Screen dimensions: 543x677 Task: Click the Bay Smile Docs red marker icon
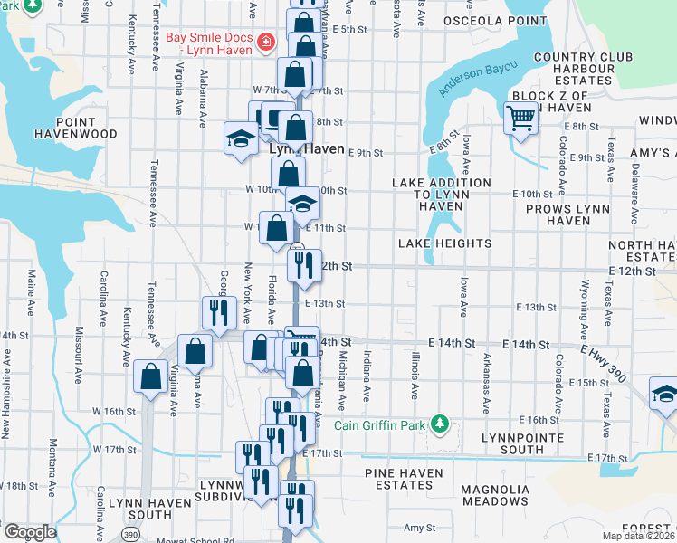pyautogui.click(x=266, y=41)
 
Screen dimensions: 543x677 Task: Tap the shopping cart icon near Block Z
pyautogui.click(x=521, y=118)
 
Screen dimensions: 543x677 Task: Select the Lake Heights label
pyautogui.click(x=444, y=243)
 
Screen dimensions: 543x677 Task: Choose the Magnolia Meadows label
pyautogui.click(x=494, y=495)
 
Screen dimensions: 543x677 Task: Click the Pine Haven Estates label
pyautogui.click(x=404, y=479)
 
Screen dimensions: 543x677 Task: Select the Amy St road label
pyautogui.click(x=420, y=528)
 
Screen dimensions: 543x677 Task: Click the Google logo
pyautogui.click(x=29, y=532)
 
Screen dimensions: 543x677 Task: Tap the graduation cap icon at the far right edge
pyautogui.click(x=664, y=394)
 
